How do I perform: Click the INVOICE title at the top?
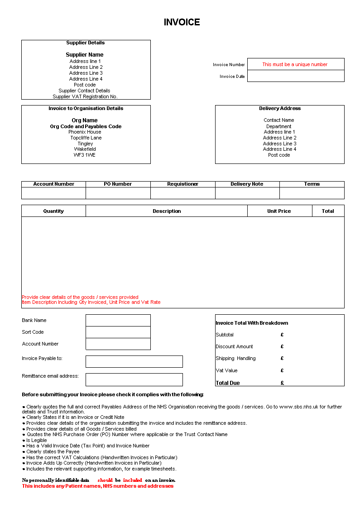coord(182,22)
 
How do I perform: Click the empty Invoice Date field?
coord(296,76)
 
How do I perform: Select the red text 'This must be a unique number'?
coord(295,64)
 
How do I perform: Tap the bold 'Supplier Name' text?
coord(85,55)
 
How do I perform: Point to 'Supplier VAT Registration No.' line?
coord(85,96)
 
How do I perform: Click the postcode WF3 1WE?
coord(85,155)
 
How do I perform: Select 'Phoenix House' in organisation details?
coord(85,132)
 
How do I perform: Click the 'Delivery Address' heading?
coord(279,109)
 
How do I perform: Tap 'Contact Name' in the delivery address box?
coord(279,120)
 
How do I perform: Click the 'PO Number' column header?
coord(118,184)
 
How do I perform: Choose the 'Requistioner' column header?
coord(182,184)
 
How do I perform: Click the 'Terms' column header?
coord(312,184)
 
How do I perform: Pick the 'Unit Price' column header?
coord(279,211)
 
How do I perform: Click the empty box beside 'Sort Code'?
coord(118,332)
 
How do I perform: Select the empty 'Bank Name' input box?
coord(118,320)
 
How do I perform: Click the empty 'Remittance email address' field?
coord(134,379)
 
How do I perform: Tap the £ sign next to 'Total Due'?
coord(282,383)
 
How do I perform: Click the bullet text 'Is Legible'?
coord(37,440)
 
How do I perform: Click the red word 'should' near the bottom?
coord(105,480)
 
